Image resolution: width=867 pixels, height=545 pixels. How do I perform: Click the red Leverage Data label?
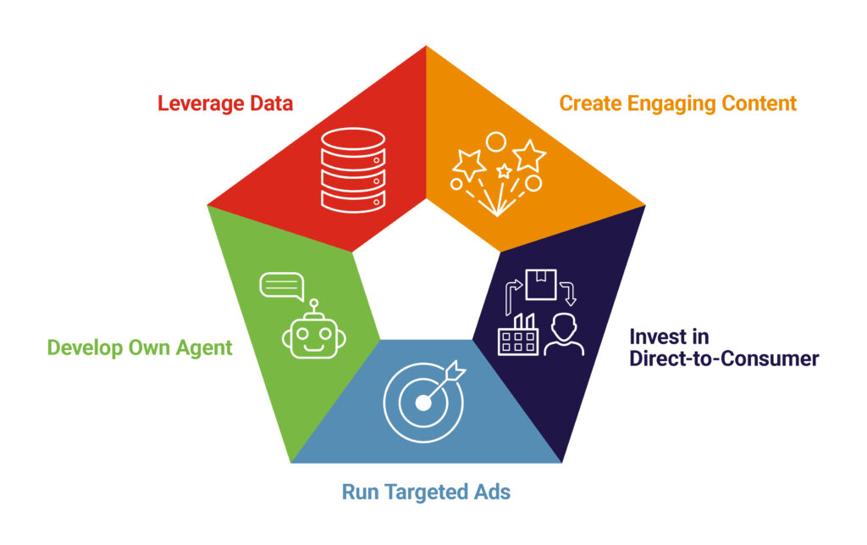tap(225, 103)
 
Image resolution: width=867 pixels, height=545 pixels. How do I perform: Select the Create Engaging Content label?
tap(678, 103)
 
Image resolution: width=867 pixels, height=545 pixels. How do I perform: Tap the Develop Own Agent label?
tap(140, 348)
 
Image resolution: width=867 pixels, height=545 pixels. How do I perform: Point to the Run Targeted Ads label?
tap(426, 492)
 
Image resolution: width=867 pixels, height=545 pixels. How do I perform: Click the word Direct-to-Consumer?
tap(725, 359)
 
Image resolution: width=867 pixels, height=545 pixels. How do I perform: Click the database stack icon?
tap(353, 170)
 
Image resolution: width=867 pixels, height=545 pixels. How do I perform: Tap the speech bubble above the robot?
tap(282, 286)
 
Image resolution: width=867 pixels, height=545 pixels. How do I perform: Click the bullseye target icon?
tap(424, 402)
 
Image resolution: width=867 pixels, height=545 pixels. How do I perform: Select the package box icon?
tap(541, 285)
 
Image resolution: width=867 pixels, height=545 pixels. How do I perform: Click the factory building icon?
tap(517, 335)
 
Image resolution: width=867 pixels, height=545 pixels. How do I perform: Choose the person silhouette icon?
tap(563, 334)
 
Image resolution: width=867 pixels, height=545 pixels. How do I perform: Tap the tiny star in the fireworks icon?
tap(504, 170)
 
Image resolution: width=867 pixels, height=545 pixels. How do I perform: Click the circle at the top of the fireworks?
tap(496, 142)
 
